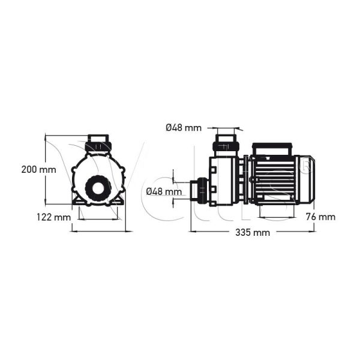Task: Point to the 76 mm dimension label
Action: [x=320, y=217]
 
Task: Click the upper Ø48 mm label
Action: [x=183, y=127]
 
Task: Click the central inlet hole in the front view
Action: [x=97, y=188]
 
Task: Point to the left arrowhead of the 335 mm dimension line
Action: [x=192, y=230]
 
